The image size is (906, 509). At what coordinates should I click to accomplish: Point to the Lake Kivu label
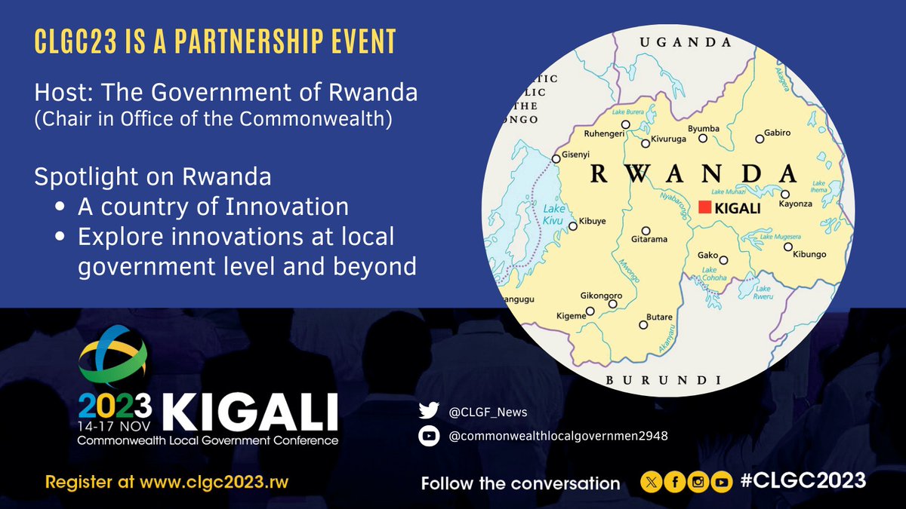[553, 214]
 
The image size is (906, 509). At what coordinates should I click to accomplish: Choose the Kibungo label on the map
[811, 256]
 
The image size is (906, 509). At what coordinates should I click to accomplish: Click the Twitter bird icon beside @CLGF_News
[428, 412]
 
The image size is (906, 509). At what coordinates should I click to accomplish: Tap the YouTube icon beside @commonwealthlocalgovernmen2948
[428, 435]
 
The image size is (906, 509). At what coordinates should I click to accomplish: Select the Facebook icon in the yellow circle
[675, 483]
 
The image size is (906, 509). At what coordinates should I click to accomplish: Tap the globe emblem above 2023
[114, 360]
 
